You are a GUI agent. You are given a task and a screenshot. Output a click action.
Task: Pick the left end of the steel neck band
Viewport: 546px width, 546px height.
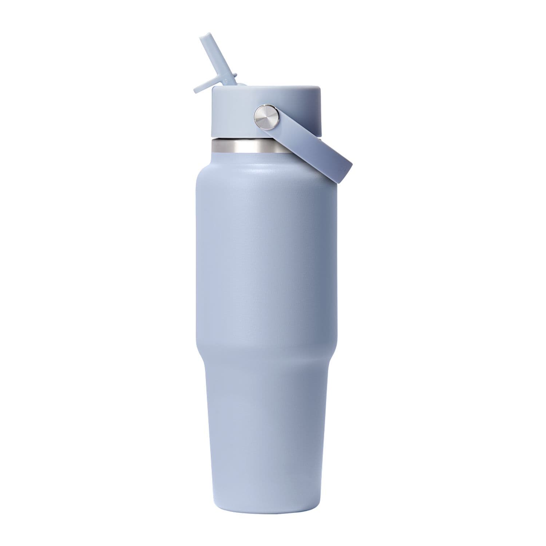click(213, 147)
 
